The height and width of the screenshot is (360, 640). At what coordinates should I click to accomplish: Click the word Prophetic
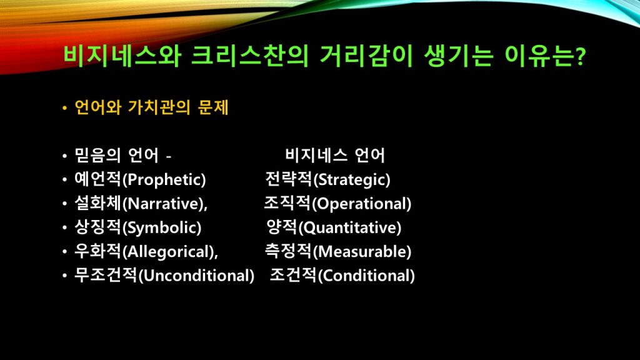pos(166,180)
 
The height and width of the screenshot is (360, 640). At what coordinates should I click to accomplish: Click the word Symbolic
pos(162,228)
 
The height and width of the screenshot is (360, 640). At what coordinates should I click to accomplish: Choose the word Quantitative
pos(351,227)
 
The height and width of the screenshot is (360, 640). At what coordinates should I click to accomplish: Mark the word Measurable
pos(362,251)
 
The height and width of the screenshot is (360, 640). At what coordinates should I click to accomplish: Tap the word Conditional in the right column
pos(366,276)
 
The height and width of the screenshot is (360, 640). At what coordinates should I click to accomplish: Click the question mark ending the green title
pos(581,56)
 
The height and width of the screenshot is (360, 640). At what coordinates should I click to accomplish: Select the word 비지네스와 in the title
pos(122,56)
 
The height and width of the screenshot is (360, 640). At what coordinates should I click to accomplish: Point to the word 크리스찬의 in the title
pos(250,56)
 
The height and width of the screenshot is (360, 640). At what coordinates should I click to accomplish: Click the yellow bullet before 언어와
pos(64,109)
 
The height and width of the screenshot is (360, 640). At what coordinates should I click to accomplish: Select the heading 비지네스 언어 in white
pos(335,156)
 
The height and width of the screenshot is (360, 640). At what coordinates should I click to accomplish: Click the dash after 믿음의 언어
pos(169,156)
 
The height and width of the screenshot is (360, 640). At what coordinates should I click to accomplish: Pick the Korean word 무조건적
pos(105,275)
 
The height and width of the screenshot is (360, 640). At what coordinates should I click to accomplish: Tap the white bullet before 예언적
pos(64,180)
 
